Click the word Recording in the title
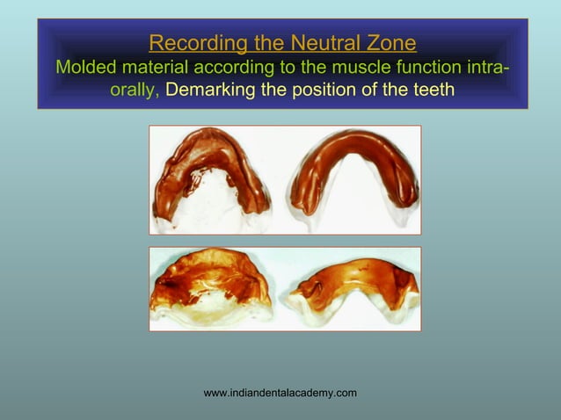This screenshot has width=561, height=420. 186,42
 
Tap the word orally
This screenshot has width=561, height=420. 135,91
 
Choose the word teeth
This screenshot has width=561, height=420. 430,91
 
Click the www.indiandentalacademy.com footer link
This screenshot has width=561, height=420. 280,393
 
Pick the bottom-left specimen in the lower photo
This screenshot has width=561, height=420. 211,289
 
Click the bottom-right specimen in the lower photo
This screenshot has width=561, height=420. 352,290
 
